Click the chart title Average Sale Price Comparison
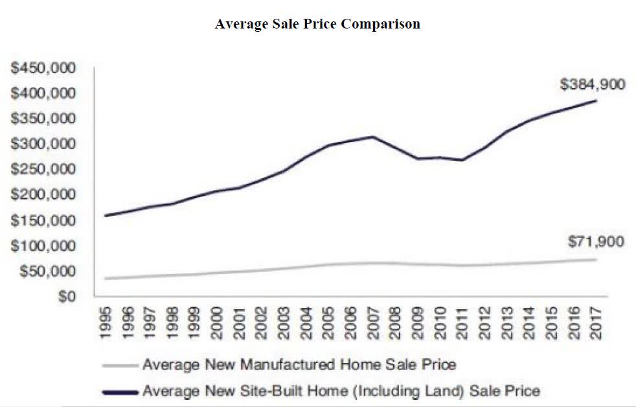(x=317, y=24)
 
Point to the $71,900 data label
(x=596, y=242)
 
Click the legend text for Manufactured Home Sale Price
(x=299, y=364)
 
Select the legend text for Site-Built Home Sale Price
(x=341, y=391)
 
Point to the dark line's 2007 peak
(x=372, y=137)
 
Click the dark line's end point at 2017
(x=596, y=100)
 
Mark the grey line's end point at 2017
(x=596, y=259)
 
